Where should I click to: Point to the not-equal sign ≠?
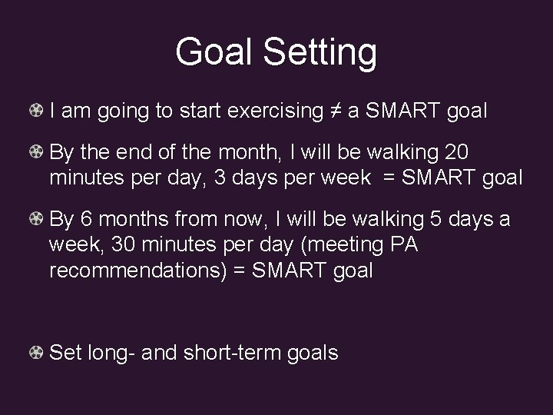coord(333,111)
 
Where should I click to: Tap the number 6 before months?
coord(83,220)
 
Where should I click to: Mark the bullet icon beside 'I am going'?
coord(35,111)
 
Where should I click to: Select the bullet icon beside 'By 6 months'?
coord(35,220)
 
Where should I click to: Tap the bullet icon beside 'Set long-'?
coord(35,354)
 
